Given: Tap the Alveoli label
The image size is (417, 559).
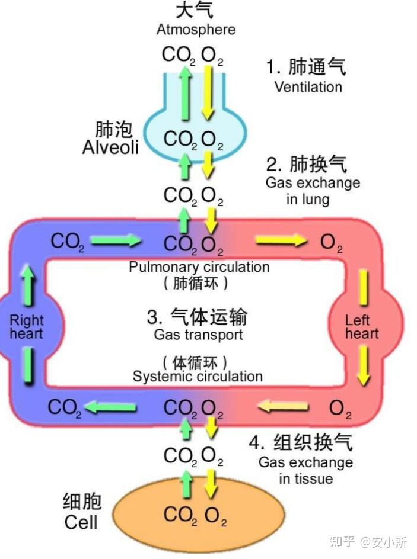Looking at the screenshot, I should pos(110,147).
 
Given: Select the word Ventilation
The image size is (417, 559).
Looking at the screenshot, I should pos(308,86).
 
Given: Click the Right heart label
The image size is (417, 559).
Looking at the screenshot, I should pos(26,327).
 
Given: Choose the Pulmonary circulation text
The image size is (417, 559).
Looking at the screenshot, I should pos(199,267).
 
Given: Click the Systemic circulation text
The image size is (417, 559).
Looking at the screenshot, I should pos(198,376).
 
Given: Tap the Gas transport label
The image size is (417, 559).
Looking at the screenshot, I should pos(198,335).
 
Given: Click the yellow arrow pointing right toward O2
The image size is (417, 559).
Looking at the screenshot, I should pos(280,241).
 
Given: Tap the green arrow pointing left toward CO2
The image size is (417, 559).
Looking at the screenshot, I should pos(112,407).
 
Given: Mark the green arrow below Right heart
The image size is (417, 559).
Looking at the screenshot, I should pos(27,365).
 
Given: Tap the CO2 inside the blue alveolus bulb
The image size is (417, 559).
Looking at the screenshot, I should pos(180,140).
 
